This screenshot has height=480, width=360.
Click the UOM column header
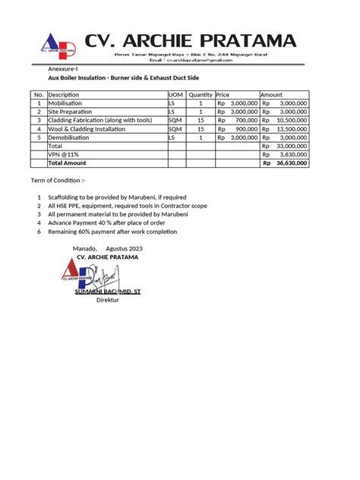tap(175, 95)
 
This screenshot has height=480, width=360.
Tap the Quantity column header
tap(201, 95)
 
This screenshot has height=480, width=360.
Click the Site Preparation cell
tap(70, 112)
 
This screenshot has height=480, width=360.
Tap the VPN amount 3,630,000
tap(292, 154)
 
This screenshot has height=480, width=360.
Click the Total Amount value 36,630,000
tap(290, 163)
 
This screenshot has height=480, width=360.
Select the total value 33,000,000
tap(290, 146)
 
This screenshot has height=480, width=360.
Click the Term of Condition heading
tap(58, 181)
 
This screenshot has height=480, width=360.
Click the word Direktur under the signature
tap(109, 300)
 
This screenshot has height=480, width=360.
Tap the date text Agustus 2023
tap(125, 249)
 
